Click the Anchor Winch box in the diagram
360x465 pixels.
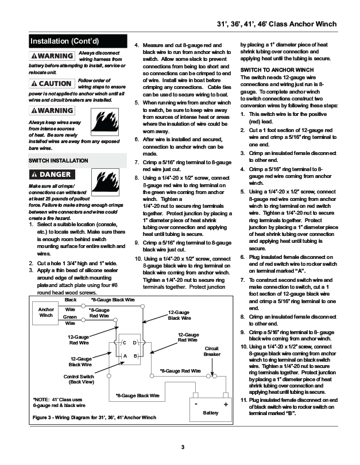coord(45,312)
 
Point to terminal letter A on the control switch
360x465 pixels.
coord(125,356)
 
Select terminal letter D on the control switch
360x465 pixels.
coord(134,343)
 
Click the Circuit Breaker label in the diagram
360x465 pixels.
coord(212,351)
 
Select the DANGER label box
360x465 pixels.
coord(52,174)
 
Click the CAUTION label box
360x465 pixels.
coord(52,84)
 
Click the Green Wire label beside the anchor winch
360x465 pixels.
coord(70,320)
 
